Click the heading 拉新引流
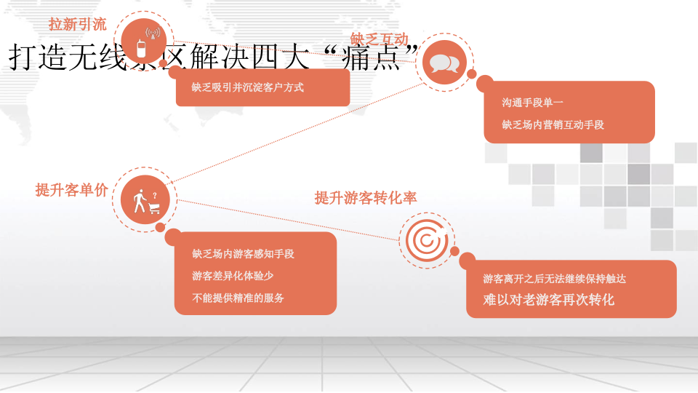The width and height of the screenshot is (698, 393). [x=78, y=24]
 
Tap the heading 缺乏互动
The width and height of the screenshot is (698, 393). [x=379, y=39]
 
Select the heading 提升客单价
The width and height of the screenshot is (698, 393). [x=72, y=190]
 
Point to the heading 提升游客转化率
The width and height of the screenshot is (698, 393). [x=366, y=197]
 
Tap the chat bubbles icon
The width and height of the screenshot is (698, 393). [x=444, y=63]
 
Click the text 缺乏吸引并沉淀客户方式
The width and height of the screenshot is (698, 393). [x=248, y=87]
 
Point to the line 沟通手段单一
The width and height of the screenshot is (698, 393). [x=532, y=103]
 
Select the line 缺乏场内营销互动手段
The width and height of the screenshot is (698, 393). [x=553, y=124]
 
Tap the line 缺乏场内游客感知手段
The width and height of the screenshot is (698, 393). [x=244, y=254]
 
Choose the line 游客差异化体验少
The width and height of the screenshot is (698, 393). [x=233, y=276]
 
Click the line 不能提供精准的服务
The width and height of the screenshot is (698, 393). [x=238, y=298]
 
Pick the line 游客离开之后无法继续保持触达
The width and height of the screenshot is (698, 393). [x=555, y=279]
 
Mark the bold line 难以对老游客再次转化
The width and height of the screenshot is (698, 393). [x=549, y=300]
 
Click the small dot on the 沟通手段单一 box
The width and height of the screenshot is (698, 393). [x=471, y=74]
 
